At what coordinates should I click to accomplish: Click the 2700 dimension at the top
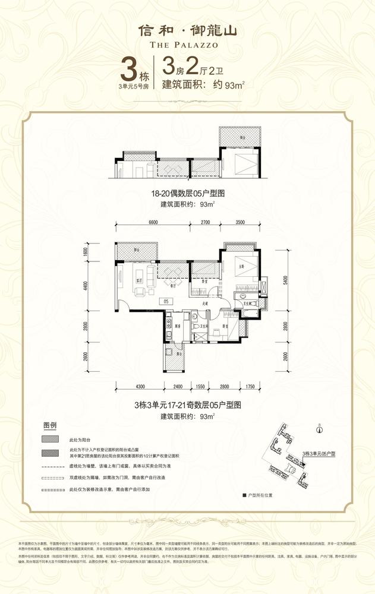205,222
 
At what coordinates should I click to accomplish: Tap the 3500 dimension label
240,222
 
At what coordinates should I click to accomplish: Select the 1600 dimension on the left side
85,251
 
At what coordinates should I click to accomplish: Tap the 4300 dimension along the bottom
140,387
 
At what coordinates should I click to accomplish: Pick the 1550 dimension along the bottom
200,387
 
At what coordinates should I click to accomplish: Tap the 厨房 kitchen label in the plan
169,326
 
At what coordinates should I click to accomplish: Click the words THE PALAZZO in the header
187,44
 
